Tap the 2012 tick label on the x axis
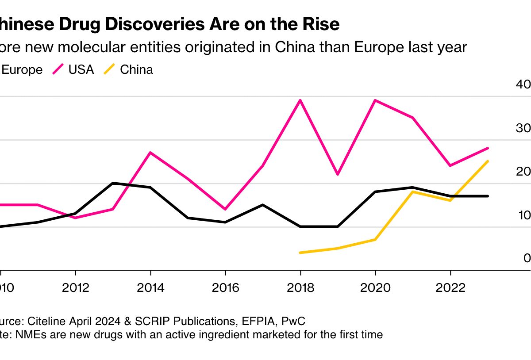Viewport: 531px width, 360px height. point(76,288)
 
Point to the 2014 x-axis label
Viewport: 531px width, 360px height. point(150,288)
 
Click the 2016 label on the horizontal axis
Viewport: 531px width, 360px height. point(225,288)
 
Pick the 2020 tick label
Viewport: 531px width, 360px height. point(375,288)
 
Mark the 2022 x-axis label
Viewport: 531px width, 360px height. point(450,288)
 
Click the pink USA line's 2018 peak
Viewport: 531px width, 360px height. point(300,100)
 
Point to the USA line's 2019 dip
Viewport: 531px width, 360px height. point(338,174)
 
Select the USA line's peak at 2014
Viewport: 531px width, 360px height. point(150,153)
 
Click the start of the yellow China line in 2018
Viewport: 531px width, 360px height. point(300,253)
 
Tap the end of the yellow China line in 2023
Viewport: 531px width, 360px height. point(488,161)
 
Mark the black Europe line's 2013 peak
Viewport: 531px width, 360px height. point(113,183)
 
